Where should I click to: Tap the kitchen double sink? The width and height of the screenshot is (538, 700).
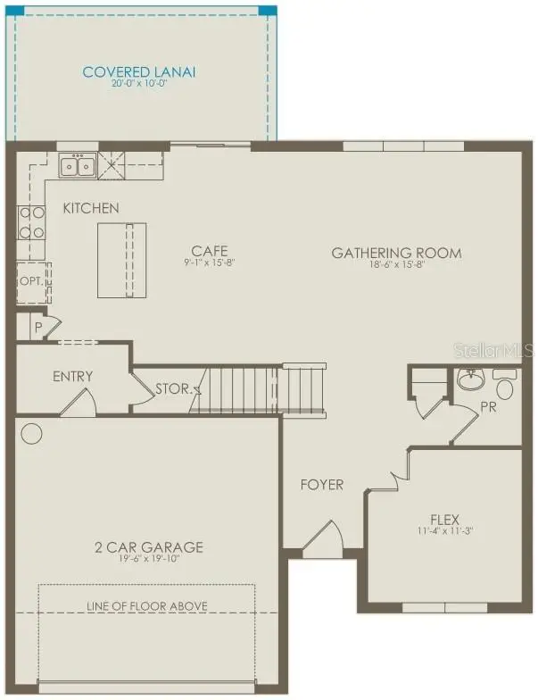pyautogui.click(x=77, y=165)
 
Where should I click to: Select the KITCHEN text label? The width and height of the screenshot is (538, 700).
pyautogui.click(x=90, y=208)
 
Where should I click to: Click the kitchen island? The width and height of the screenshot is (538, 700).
pyautogui.click(x=120, y=260)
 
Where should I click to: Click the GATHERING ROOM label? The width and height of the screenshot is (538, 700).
pyautogui.click(x=396, y=253)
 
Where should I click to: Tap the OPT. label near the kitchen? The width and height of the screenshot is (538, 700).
pyautogui.click(x=30, y=279)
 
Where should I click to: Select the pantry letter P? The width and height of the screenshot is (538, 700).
pyautogui.click(x=38, y=327)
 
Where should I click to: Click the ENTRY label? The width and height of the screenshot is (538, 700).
pyautogui.click(x=72, y=376)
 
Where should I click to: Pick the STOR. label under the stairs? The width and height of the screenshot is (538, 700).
pyautogui.click(x=172, y=389)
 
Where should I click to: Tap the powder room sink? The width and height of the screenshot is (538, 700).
pyautogui.click(x=471, y=380)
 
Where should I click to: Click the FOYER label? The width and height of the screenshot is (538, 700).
pyautogui.click(x=321, y=485)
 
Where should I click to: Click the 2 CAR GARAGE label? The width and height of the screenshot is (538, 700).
pyautogui.click(x=149, y=547)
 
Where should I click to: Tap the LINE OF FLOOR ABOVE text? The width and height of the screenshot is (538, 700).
pyautogui.click(x=147, y=606)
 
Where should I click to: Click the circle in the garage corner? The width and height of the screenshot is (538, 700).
pyautogui.click(x=31, y=434)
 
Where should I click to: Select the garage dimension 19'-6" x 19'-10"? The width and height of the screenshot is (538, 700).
pyautogui.click(x=149, y=560)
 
